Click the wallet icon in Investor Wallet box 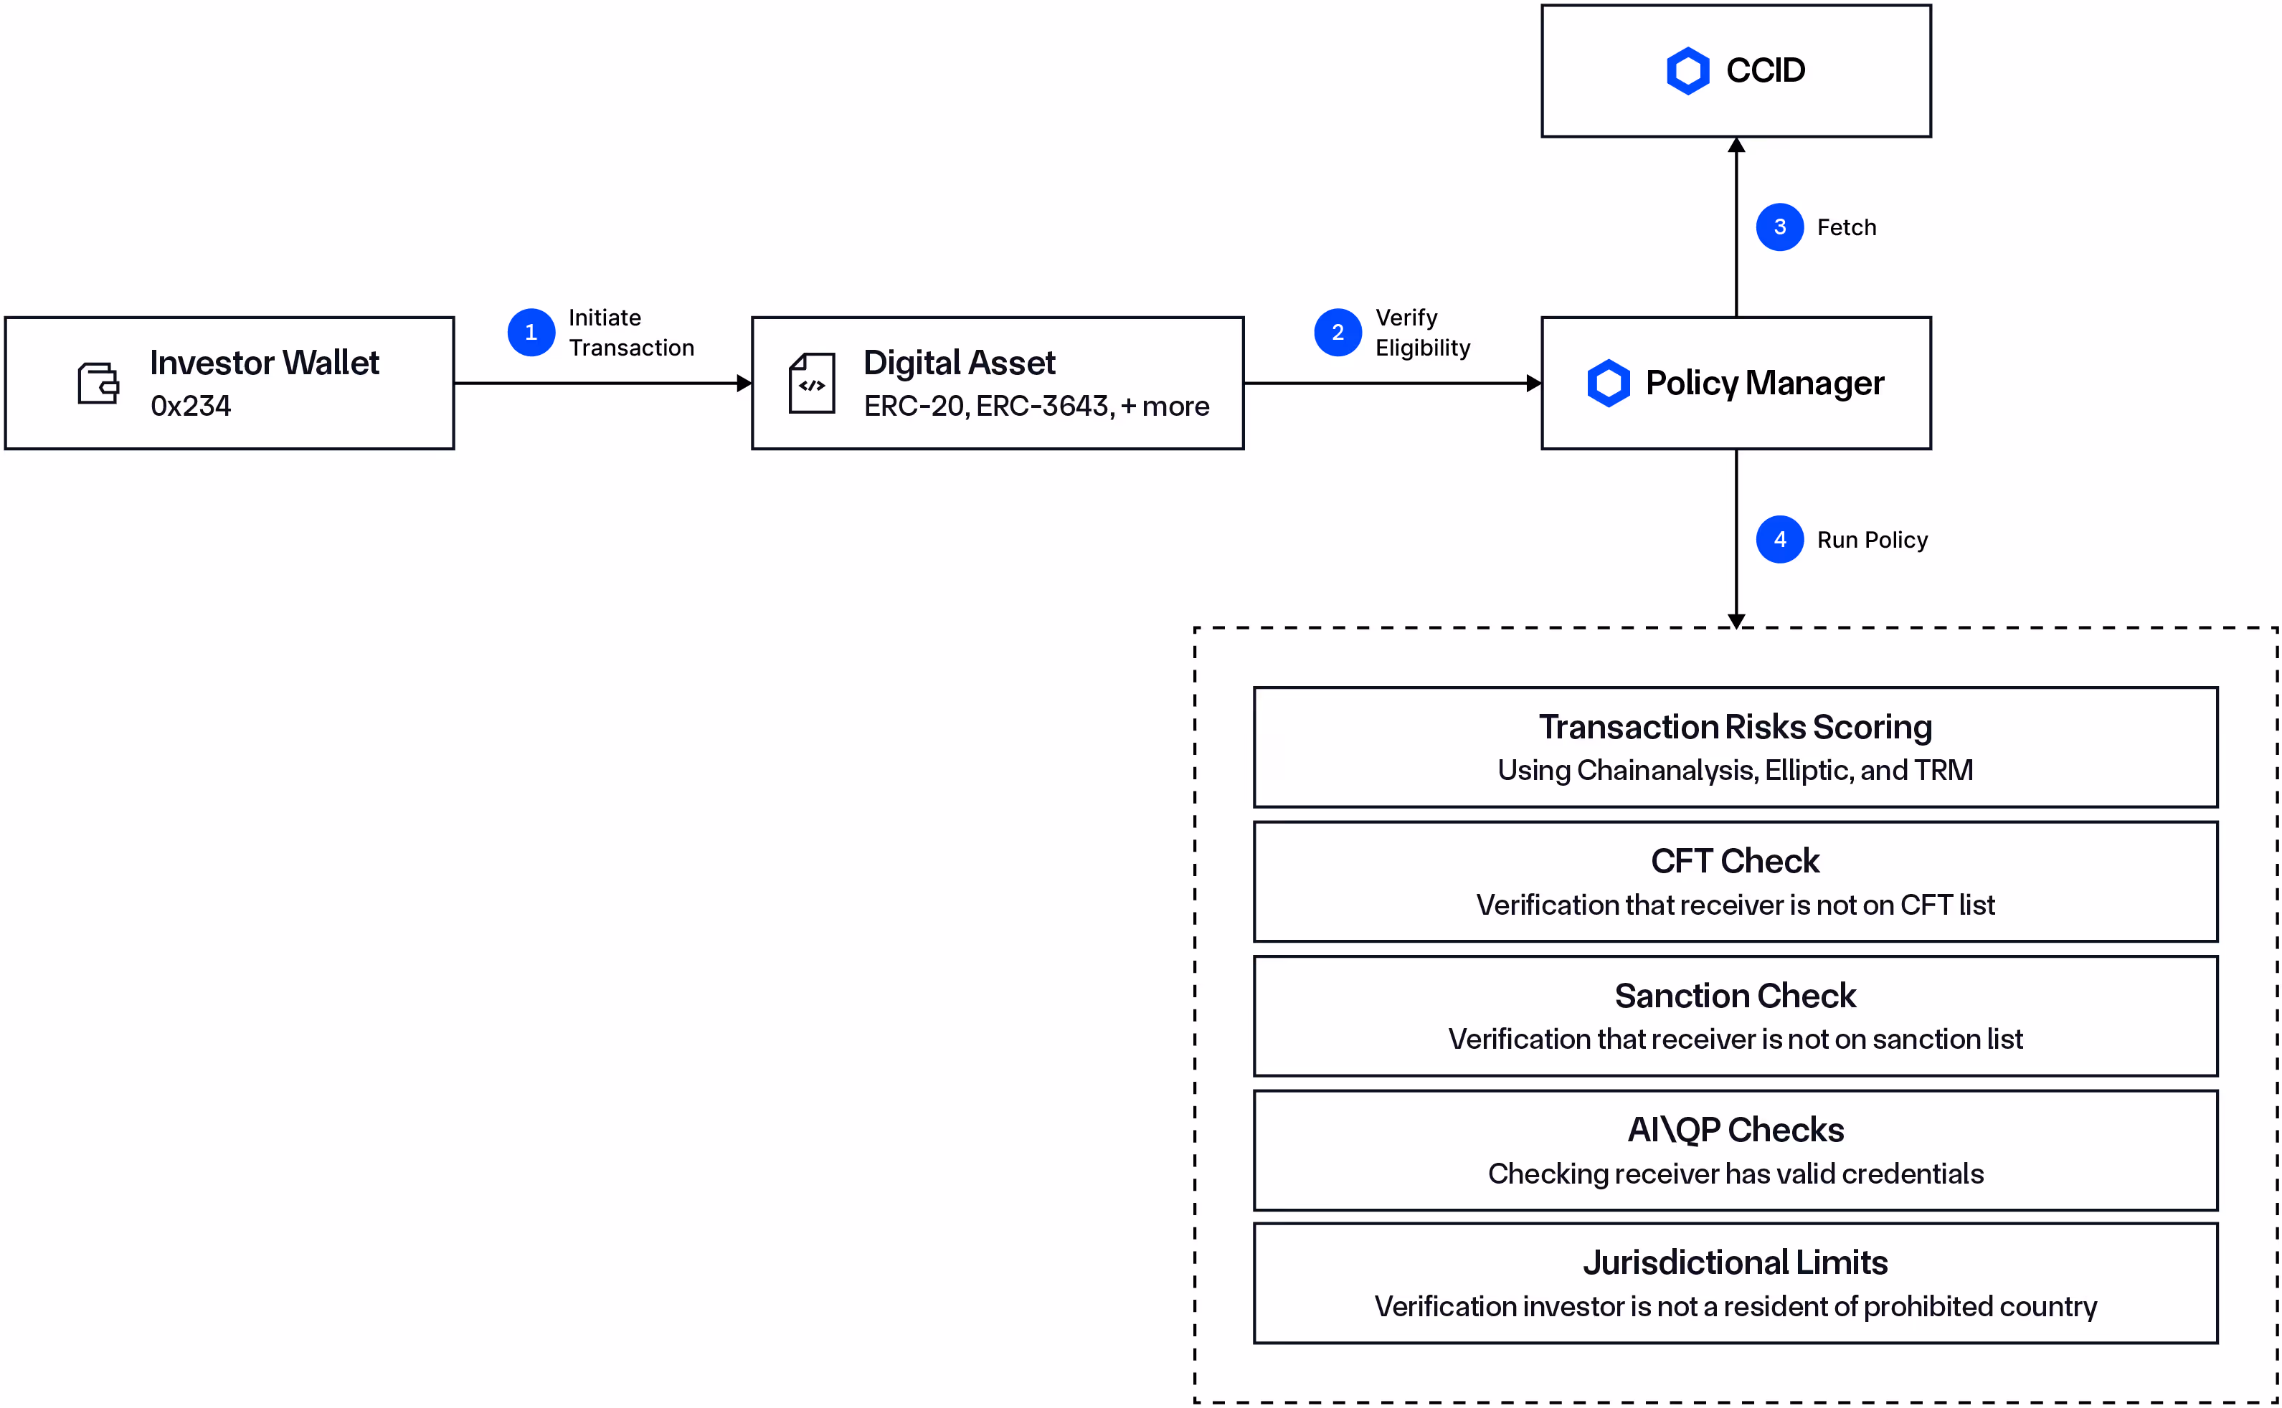(98, 383)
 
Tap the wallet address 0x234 (191, 406)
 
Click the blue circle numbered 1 (531, 333)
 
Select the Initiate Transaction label (630, 333)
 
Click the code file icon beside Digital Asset (811, 383)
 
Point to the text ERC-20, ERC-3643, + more (1036, 406)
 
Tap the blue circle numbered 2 (1338, 333)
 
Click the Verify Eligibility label (1421, 333)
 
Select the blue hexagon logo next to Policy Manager (1609, 383)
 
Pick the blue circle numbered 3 (1779, 227)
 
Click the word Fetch (1846, 227)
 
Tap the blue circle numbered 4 (1779, 539)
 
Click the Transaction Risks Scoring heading (1736, 727)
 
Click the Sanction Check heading (1736, 996)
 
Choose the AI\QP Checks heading (1736, 1130)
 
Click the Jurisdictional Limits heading (1736, 1262)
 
